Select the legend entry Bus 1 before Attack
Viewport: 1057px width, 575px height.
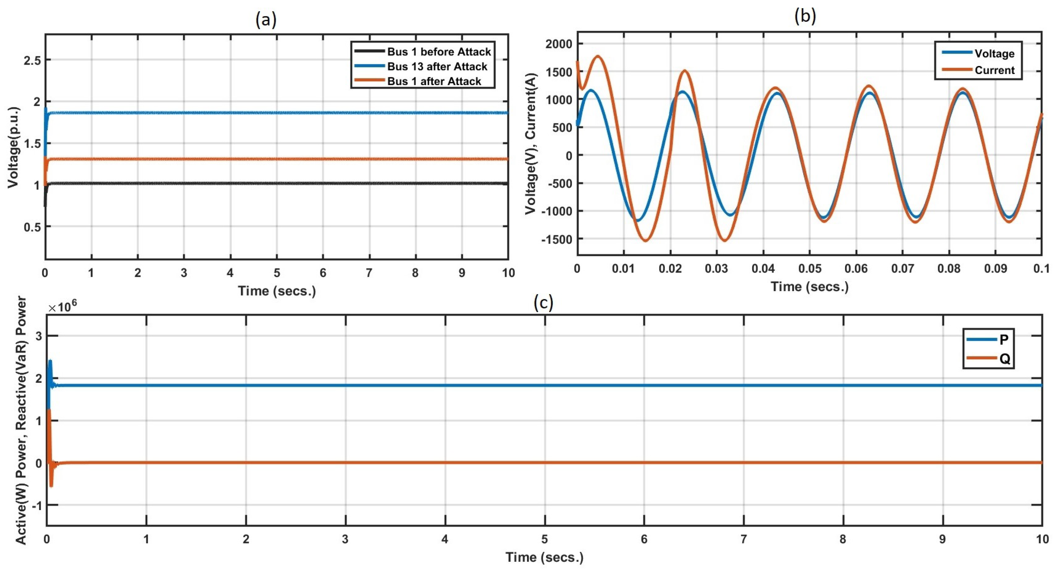(x=439, y=52)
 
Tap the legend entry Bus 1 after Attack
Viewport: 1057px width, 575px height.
(x=434, y=81)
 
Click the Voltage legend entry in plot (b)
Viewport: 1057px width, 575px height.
(x=994, y=53)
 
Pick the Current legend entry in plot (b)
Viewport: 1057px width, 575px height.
(x=994, y=70)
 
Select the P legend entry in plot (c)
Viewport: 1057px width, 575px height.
(x=1004, y=340)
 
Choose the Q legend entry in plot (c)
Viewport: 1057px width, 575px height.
(x=1004, y=359)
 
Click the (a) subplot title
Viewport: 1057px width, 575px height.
(x=266, y=20)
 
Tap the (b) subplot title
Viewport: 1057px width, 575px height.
(x=805, y=16)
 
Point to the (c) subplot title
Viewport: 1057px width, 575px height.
(x=543, y=303)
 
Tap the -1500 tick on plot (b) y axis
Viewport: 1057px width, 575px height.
(x=557, y=239)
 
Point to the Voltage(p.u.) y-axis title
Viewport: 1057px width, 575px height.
(x=14, y=147)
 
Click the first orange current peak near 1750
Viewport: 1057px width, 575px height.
(x=597, y=56)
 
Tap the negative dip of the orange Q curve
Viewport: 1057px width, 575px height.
(x=51, y=486)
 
